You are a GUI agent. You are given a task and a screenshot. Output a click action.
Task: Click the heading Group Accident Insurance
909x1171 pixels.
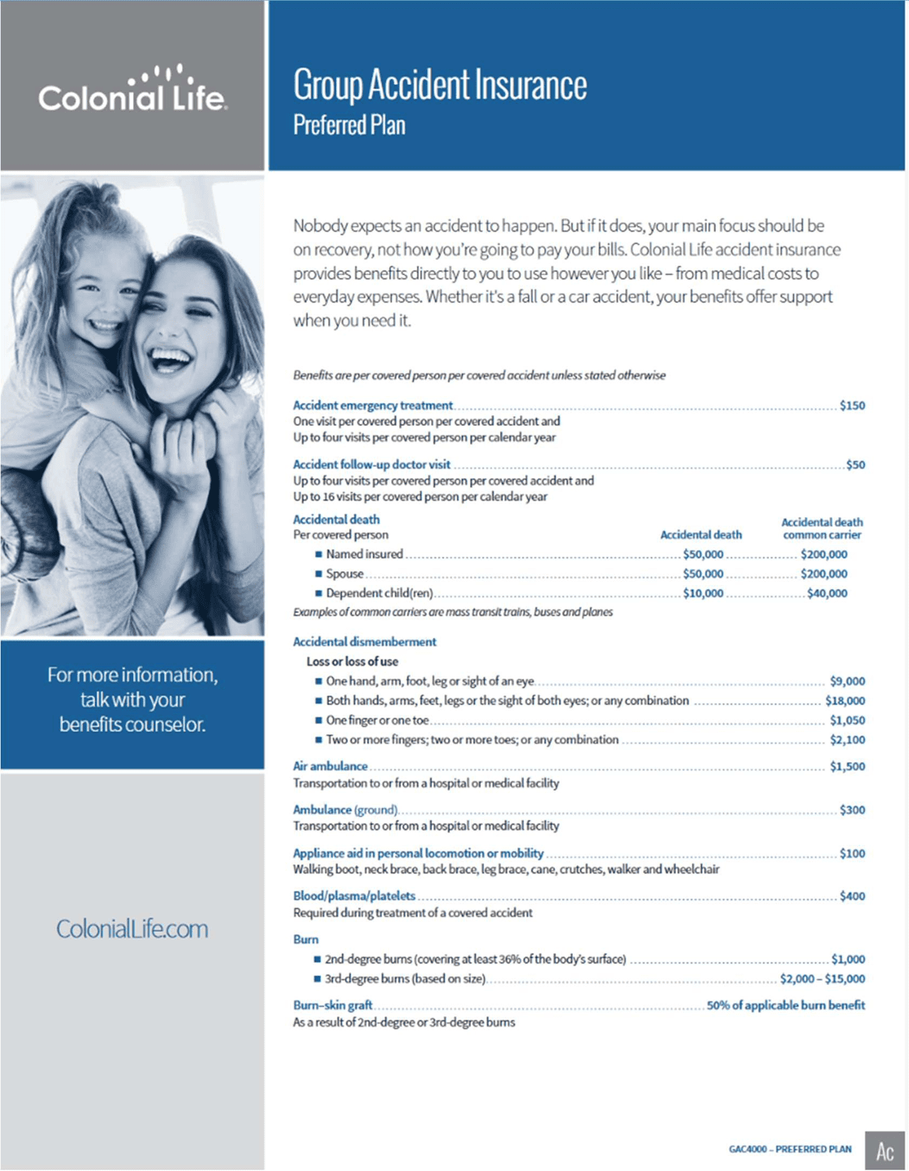(x=440, y=86)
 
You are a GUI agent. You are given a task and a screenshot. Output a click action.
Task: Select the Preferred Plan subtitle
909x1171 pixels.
(x=349, y=125)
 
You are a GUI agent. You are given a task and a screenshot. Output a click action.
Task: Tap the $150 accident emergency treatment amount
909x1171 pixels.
(x=852, y=406)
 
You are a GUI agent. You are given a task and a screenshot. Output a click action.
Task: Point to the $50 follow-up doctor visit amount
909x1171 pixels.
(x=855, y=465)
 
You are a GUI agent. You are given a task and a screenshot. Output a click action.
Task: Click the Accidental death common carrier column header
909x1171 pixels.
(x=822, y=528)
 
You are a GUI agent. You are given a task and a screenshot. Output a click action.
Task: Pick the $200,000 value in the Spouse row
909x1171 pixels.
(x=823, y=574)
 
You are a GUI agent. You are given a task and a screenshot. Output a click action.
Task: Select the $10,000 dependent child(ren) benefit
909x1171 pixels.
(x=703, y=593)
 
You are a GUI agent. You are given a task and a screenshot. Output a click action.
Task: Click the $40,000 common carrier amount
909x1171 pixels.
(x=827, y=593)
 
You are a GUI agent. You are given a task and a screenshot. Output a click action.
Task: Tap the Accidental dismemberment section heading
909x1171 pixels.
(x=365, y=641)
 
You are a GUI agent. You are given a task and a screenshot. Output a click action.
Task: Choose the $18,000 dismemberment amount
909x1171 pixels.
(x=845, y=701)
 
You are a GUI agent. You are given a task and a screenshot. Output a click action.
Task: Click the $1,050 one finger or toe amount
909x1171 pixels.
(x=847, y=721)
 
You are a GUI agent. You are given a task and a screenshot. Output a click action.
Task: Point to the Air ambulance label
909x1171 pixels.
(x=330, y=767)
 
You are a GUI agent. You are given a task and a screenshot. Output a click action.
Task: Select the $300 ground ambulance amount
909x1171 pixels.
(x=852, y=810)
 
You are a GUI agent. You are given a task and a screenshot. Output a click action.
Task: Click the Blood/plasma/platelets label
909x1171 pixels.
(x=354, y=896)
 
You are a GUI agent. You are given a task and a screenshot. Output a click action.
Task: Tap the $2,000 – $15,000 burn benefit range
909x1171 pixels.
(x=822, y=979)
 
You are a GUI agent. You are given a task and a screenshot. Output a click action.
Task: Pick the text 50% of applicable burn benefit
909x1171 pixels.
(x=785, y=1005)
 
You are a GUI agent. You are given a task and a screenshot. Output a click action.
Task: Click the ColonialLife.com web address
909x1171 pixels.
(x=132, y=929)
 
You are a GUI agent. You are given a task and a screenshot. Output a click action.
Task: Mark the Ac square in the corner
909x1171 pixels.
(x=884, y=1150)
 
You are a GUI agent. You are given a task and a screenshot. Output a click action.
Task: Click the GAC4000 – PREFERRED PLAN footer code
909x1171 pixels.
(x=790, y=1149)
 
